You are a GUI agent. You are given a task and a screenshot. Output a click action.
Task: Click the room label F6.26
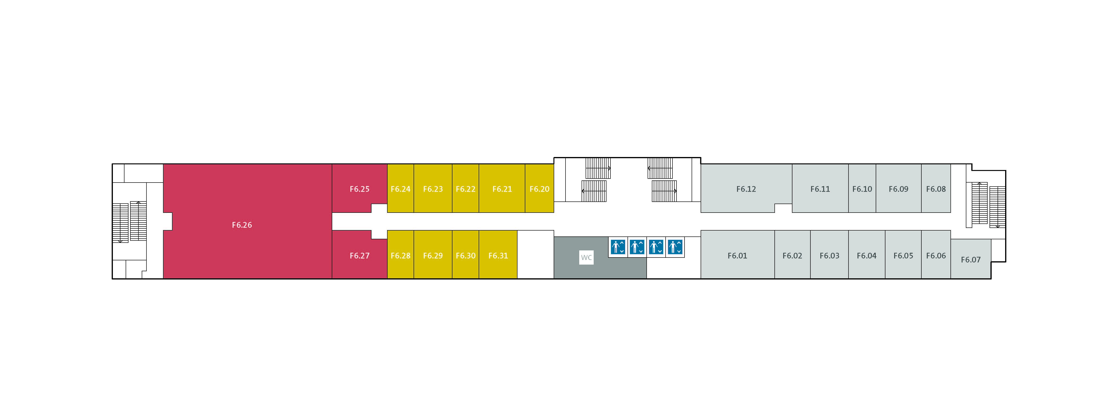(242, 225)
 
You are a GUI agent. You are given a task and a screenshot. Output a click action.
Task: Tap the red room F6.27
(359, 255)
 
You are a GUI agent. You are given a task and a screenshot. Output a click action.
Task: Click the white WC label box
(586, 257)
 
